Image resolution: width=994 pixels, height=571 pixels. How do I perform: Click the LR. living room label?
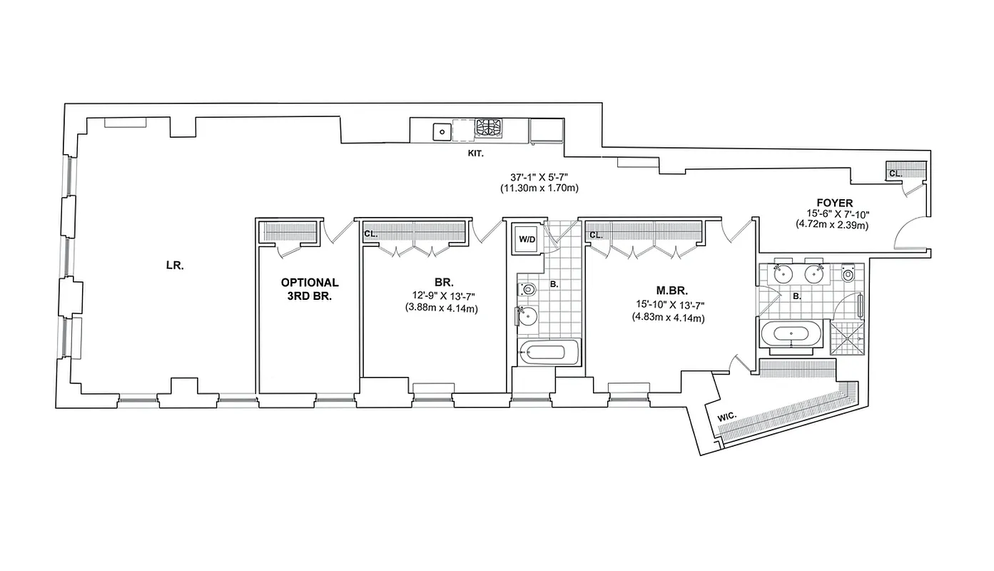(x=175, y=266)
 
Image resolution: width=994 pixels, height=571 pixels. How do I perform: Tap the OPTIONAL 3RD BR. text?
(x=309, y=288)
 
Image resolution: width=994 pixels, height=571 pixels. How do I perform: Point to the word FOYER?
(x=835, y=202)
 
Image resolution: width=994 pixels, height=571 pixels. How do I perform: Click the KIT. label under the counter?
(x=475, y=153)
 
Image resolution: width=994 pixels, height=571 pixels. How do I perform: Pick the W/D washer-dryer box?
(x=527, y=240)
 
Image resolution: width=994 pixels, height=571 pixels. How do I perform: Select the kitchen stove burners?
(x=489, y=128)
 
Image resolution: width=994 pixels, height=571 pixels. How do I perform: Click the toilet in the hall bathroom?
(x=526, y=289)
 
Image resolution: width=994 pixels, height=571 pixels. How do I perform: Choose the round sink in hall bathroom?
(x=527, y=315)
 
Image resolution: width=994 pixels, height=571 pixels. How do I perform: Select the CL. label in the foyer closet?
(x=895, y=173)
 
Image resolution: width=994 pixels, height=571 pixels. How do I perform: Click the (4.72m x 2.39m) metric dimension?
(x=832, y=224)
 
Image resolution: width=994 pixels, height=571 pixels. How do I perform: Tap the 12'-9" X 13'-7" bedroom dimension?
(x=440, y=296)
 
